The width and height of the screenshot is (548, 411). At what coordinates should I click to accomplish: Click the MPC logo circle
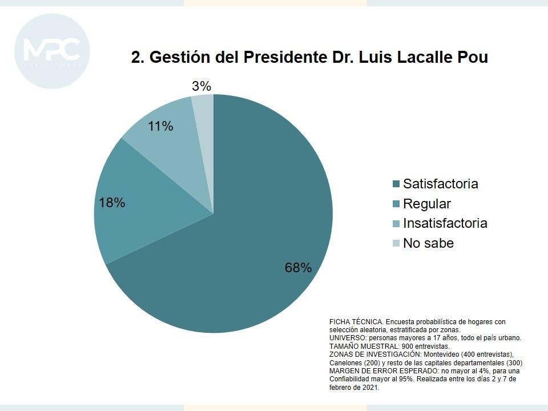click(52, 51)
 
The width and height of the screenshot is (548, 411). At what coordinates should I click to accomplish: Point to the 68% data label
click(298, 267)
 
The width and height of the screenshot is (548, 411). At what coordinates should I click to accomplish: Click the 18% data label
click(112, 203)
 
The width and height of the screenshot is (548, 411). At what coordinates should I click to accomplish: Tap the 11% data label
click(160, 126)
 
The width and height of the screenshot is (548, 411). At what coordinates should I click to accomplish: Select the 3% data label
click(202, 86)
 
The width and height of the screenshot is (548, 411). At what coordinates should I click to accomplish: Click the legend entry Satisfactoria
click(440, 184)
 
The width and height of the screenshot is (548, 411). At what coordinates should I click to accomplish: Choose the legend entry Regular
click(426, 204)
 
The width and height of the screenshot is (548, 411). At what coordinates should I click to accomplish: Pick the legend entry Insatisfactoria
click(445, 223)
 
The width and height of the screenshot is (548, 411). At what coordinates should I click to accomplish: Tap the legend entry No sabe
click(428, 243)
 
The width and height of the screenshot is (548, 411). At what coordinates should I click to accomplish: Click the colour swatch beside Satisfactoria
click(396, 184)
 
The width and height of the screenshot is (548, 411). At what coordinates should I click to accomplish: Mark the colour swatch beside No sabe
click(396, 244)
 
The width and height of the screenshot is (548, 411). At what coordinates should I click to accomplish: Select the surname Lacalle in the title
click(420, 58)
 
